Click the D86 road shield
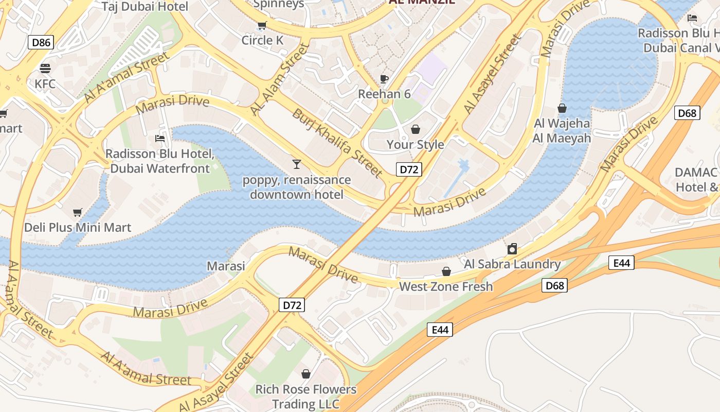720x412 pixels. (x=41, y=42)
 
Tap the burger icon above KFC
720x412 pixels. (x=45, y=68)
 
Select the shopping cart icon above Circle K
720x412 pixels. (x=262, y=25)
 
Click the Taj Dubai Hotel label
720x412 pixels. (x=145, y=7)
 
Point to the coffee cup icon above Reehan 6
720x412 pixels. (x=384, y=79)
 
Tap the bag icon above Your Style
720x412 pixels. (x=415, y=129)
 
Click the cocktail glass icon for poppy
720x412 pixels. (x=296, y=164)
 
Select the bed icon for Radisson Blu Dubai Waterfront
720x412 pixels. (x=160, y=139)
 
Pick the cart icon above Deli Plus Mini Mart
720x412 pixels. (x=78, y=212)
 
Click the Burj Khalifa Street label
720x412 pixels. (x=337, y=143)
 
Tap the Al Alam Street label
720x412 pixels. (x=279, y=79)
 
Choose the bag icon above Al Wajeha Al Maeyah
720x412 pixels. (x=562, y=108)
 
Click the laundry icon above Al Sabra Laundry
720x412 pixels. (x=512, y=249)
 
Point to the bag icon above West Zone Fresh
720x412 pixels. (x=446, y=271)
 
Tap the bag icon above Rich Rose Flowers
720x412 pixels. (x=306, y=374)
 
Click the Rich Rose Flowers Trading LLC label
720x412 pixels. (x=306, y=396)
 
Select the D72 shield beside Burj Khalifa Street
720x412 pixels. (x=409, y=169)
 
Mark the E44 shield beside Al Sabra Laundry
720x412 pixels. (x=621, y=263)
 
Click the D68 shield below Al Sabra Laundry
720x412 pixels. (x=554, y=285)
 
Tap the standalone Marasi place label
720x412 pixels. (x=226, y=266)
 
